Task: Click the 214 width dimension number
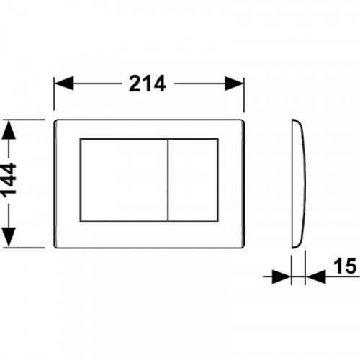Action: (x=147, y=84)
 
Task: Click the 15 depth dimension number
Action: (x=345, y=266)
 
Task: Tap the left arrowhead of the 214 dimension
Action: (x=64, y=84)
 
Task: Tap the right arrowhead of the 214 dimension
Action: (x=234, y=84)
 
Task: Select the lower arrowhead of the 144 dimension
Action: (x=9, y=237)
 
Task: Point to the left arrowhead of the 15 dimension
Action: (x=282, y=276)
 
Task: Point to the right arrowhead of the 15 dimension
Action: (x=315, y=276)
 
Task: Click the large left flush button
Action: (x=124, y=180)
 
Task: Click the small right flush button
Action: (x=193, y=180)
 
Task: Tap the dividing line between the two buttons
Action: (x=168, y=180)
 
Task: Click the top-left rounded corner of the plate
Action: (x=55, y=121)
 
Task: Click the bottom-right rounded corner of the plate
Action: (x=242, y=246)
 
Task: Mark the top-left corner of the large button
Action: (x=81, y=139)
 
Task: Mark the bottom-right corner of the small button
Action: (x=218, y=221)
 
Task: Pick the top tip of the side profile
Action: (x=292, y=120)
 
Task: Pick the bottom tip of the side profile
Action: (x=292, y=248)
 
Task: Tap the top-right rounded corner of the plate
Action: (x=242, y=121)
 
